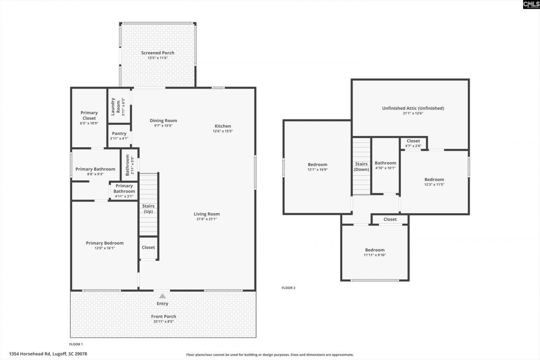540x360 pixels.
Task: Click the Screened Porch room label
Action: coord(157,53)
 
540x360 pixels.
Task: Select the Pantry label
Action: coord(119,133)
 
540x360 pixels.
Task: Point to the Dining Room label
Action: coord(163,121)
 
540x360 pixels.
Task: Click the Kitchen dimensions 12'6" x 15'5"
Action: coord(223,131)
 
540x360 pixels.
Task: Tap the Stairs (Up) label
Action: coord(148,208)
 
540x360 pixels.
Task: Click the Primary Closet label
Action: coord(89,115)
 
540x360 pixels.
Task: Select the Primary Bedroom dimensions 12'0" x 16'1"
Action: coord(105,248)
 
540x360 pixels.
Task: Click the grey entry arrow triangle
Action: coord(162,296)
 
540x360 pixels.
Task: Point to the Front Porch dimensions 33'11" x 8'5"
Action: coord(164,322)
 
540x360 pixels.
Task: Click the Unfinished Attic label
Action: coord(413,108)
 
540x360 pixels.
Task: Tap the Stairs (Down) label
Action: coord(362,166)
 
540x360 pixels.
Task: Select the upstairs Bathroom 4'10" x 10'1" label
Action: coord(385,163)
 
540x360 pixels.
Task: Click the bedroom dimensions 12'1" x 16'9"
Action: coord(317,170)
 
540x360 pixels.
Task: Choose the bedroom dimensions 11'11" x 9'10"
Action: coord(375,255)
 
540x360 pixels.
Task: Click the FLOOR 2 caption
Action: coord(289,288)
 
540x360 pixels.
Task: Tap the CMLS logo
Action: coord(531,5)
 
